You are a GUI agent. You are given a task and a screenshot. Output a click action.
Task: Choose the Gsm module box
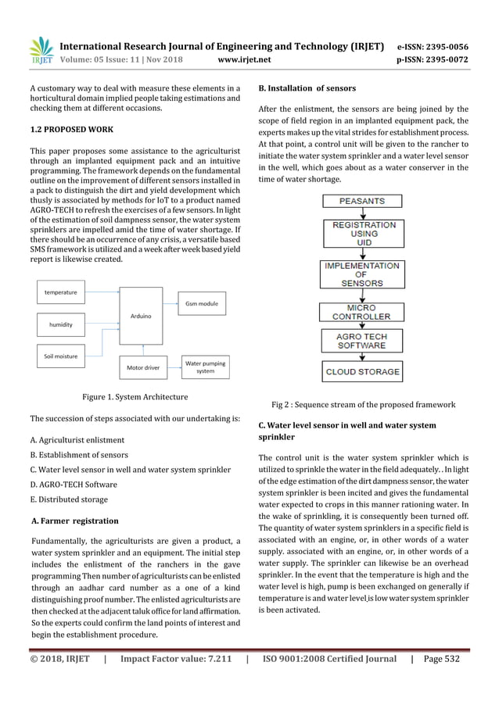[x=202, y=302]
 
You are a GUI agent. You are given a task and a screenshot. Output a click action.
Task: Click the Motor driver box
[x=138, y=366]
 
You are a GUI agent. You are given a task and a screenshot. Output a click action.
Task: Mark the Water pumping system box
[x=205, y=367]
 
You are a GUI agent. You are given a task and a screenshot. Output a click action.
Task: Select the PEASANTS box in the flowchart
[x=361, y=201]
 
